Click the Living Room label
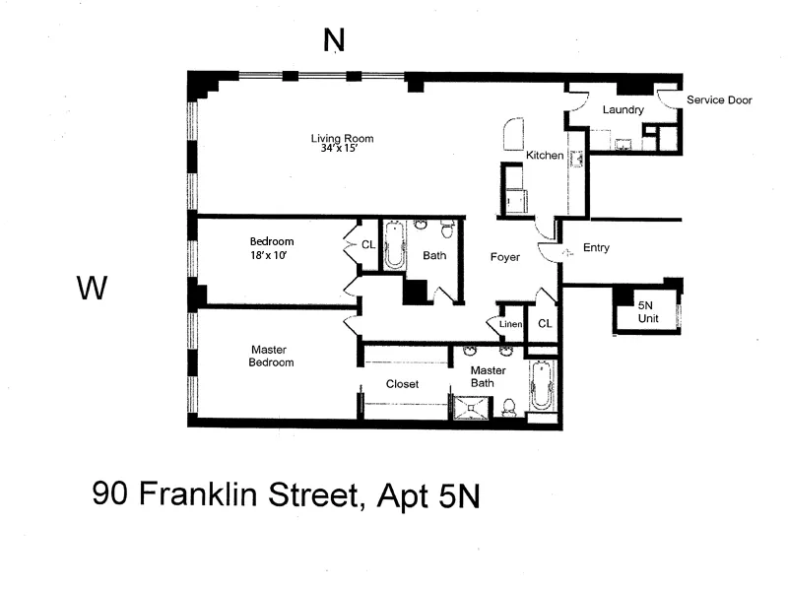(342, 138)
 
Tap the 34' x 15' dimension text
(342, 151)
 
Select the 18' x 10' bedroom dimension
(271, 254)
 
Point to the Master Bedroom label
(272, 355)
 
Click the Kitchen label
(544, 156)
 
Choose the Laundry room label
(623, 109)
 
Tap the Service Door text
(719, 99)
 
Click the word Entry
(596, 247)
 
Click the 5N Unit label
(646, 313)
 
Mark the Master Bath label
(488, 376)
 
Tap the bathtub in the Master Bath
(543, 385)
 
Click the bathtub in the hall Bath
(394, 245)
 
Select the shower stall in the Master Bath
(472, 407)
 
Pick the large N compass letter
(335, 39)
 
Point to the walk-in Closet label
(402, 383)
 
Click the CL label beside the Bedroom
(367, 244)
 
